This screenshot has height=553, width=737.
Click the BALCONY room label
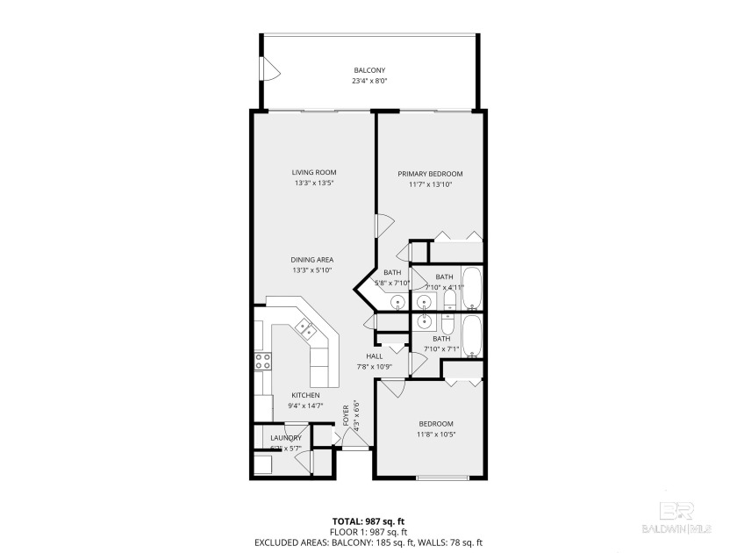(x=369, y=70)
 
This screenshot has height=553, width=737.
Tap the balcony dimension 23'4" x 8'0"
(x=369, y=82)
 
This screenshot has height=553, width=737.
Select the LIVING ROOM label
(x=314, y=172)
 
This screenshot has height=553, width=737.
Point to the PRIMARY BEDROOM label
(x=430, y=174)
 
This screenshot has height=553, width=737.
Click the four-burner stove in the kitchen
(x=261, y=362)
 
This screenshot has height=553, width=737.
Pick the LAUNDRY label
(x=286, y=438)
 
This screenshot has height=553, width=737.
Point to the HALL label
(x=361, y=356)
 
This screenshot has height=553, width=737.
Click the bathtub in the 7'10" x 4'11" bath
(x=471, y=289)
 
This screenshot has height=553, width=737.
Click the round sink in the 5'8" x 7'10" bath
(x=397, y=303)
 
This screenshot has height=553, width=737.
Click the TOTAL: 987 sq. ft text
(x=368, y=521)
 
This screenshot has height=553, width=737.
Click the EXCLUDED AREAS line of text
(x=368, y=543)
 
